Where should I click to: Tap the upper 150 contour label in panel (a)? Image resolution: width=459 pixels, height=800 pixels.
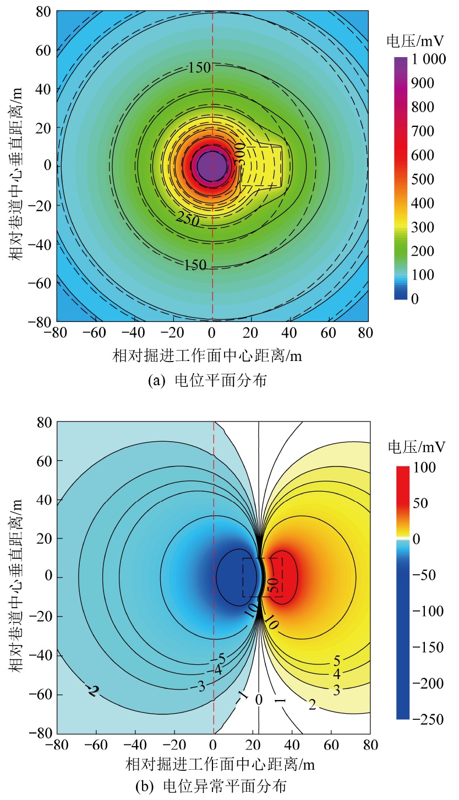[199, 68]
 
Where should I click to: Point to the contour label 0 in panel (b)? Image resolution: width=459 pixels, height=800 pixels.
[259, 699]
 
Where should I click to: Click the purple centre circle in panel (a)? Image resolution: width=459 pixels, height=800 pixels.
[211, 165]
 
